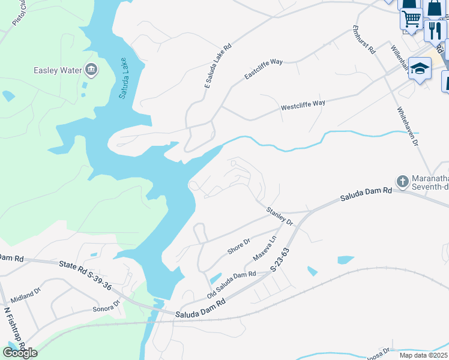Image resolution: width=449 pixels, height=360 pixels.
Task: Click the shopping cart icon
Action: coord(411,18)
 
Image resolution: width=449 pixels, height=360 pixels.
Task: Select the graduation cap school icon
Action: coord(420,68)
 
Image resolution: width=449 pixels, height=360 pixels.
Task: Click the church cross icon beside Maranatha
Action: coord(402,181)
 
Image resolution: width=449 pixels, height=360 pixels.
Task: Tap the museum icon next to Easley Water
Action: coord(92,70)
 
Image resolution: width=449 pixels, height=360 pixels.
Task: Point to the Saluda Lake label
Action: coord(123,78)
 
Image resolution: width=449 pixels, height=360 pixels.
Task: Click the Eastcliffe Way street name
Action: coord(264,69)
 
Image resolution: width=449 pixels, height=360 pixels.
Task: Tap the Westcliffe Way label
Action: coord(303,106)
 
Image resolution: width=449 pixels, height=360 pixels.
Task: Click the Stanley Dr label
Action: coord(280,217)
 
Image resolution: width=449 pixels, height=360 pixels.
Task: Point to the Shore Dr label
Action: coord(238,245)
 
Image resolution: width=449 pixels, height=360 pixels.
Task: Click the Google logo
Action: coord(20,353)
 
